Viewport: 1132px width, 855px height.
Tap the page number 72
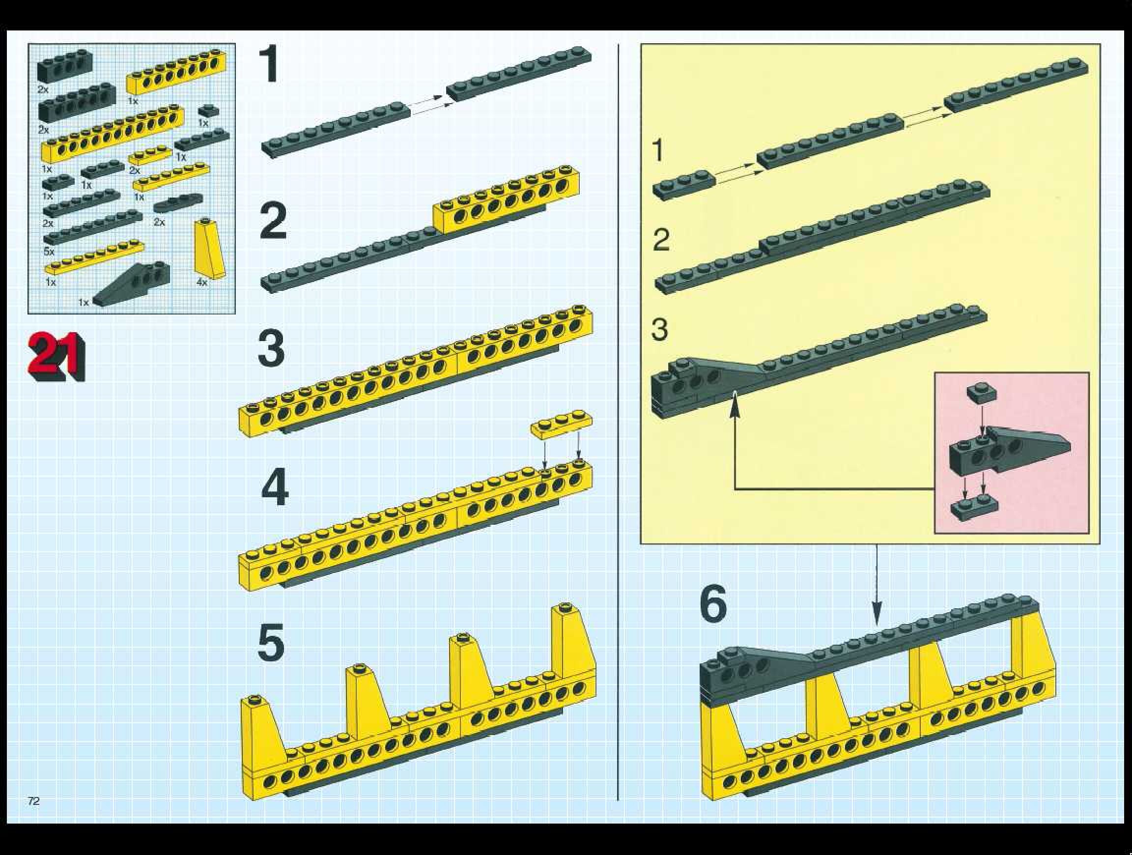(34, 801)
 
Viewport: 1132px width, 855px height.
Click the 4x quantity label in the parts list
(201, 282)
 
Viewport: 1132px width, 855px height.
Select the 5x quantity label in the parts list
(49, 252)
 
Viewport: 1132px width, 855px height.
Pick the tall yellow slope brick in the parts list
(209, 249)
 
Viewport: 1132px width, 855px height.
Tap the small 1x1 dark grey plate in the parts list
(209, 110)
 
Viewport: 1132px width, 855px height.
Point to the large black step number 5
(271, 643)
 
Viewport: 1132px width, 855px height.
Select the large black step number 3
(271, 349)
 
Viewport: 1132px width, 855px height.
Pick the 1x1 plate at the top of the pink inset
(981, 393)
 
